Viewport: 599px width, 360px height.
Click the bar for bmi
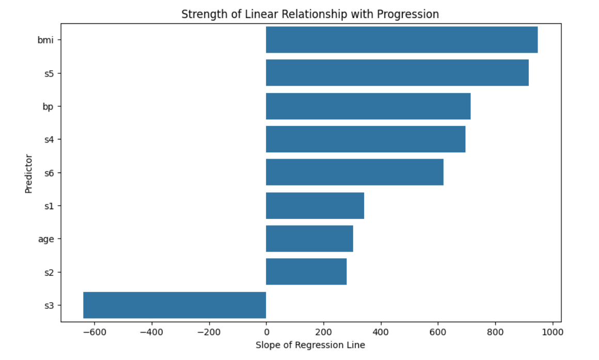(402, 40)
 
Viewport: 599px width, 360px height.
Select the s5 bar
(397, 73)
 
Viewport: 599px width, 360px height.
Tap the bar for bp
(368, 106)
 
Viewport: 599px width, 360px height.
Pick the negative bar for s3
(175, 305)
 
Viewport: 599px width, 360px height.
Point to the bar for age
(309, 239)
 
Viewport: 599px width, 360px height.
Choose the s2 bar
(306, 272)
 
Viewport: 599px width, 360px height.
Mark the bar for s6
(355, 172)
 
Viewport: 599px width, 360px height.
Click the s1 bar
(315, 206)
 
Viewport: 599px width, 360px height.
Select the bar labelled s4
(366, 139)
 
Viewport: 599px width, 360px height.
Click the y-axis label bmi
(45, 40)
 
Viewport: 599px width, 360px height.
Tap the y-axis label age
(46, 239)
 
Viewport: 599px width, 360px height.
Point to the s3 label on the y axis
(49, 305)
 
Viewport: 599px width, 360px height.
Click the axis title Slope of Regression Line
(310, 345)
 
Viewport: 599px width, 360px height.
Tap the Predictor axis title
(29, 173)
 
